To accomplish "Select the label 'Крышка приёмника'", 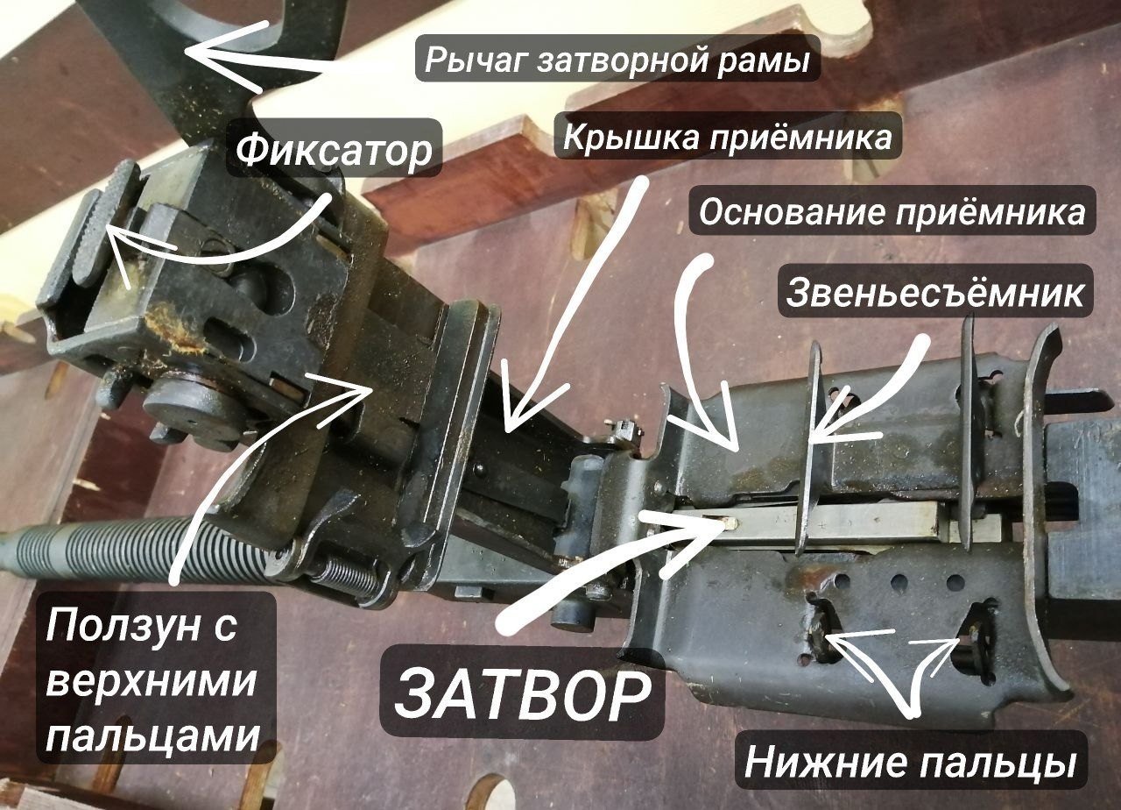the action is (727, 136).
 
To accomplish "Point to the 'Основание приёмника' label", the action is (892, 212).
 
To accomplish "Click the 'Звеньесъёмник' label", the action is (934, 292).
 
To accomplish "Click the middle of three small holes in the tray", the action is (899, 584).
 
